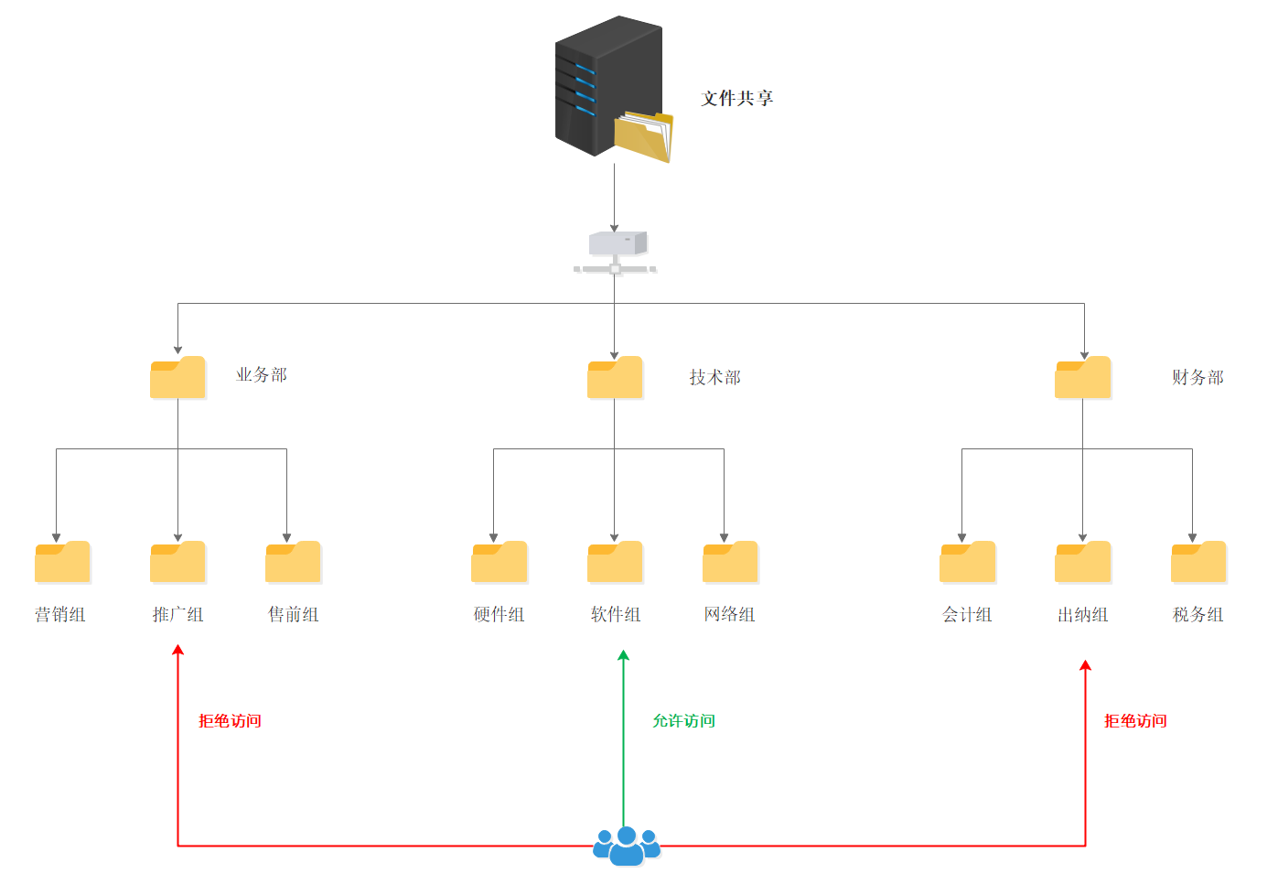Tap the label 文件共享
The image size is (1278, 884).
coord(736,98)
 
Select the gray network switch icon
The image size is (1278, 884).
coord(615,253)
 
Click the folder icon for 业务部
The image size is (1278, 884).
coord(177,377)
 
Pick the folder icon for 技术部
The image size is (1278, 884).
coord(615,377)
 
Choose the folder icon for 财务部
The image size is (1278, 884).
coord(1083,377)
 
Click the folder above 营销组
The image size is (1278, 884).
coord(62,562)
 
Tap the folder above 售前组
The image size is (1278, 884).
coord(294,562)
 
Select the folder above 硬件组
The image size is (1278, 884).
coord(499,562)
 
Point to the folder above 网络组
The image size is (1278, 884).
coord(730,562)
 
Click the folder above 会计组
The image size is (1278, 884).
coord(968,562)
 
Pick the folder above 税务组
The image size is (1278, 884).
coord(1198,562)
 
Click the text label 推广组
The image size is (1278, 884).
coord(178,615)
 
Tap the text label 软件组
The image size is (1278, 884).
coord(616,615)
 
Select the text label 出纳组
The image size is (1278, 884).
coord(1083,615)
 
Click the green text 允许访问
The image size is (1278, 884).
coord(683,721)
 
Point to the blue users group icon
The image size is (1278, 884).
coord(627,846)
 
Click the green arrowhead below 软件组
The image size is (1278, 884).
coord(624,655)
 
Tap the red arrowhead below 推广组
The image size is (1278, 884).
coord(178,650)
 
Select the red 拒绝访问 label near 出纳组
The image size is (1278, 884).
coord(1135,721)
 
